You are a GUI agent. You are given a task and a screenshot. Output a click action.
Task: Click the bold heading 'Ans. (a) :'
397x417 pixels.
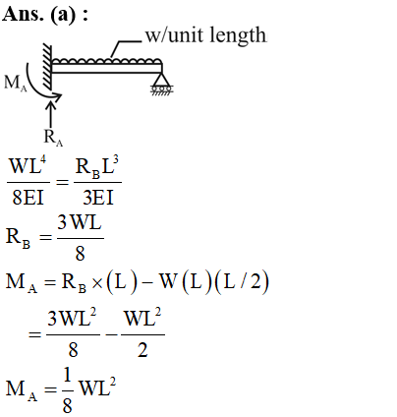45,15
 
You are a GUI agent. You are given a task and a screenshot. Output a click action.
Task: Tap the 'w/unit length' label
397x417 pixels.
205,35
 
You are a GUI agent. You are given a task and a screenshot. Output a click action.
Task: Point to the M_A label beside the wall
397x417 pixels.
15,83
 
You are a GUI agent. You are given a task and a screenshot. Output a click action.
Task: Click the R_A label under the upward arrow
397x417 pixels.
53,137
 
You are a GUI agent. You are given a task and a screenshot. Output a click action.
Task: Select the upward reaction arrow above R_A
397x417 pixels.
51,114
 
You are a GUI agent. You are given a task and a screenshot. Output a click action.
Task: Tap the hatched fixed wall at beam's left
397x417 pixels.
48,67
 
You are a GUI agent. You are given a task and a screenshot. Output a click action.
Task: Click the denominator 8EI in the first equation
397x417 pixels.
28,198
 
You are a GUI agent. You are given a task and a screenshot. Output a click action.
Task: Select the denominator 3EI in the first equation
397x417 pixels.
98,198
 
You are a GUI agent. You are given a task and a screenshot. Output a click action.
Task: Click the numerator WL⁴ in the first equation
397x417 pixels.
28,166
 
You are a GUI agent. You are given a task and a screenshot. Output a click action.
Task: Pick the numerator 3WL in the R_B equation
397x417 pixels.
80,223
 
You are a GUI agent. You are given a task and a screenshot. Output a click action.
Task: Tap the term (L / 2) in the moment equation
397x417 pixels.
242,281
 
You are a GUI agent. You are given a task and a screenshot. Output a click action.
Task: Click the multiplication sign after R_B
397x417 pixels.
97,283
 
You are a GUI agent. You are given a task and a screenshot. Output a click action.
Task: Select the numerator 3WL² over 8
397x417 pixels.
72,318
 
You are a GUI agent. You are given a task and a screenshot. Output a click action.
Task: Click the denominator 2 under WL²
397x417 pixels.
142,350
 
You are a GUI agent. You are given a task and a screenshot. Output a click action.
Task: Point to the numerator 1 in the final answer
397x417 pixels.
67,375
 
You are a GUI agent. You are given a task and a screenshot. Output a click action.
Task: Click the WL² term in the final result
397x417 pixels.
97,387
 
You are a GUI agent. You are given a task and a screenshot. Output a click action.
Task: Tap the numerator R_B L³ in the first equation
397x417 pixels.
97,166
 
